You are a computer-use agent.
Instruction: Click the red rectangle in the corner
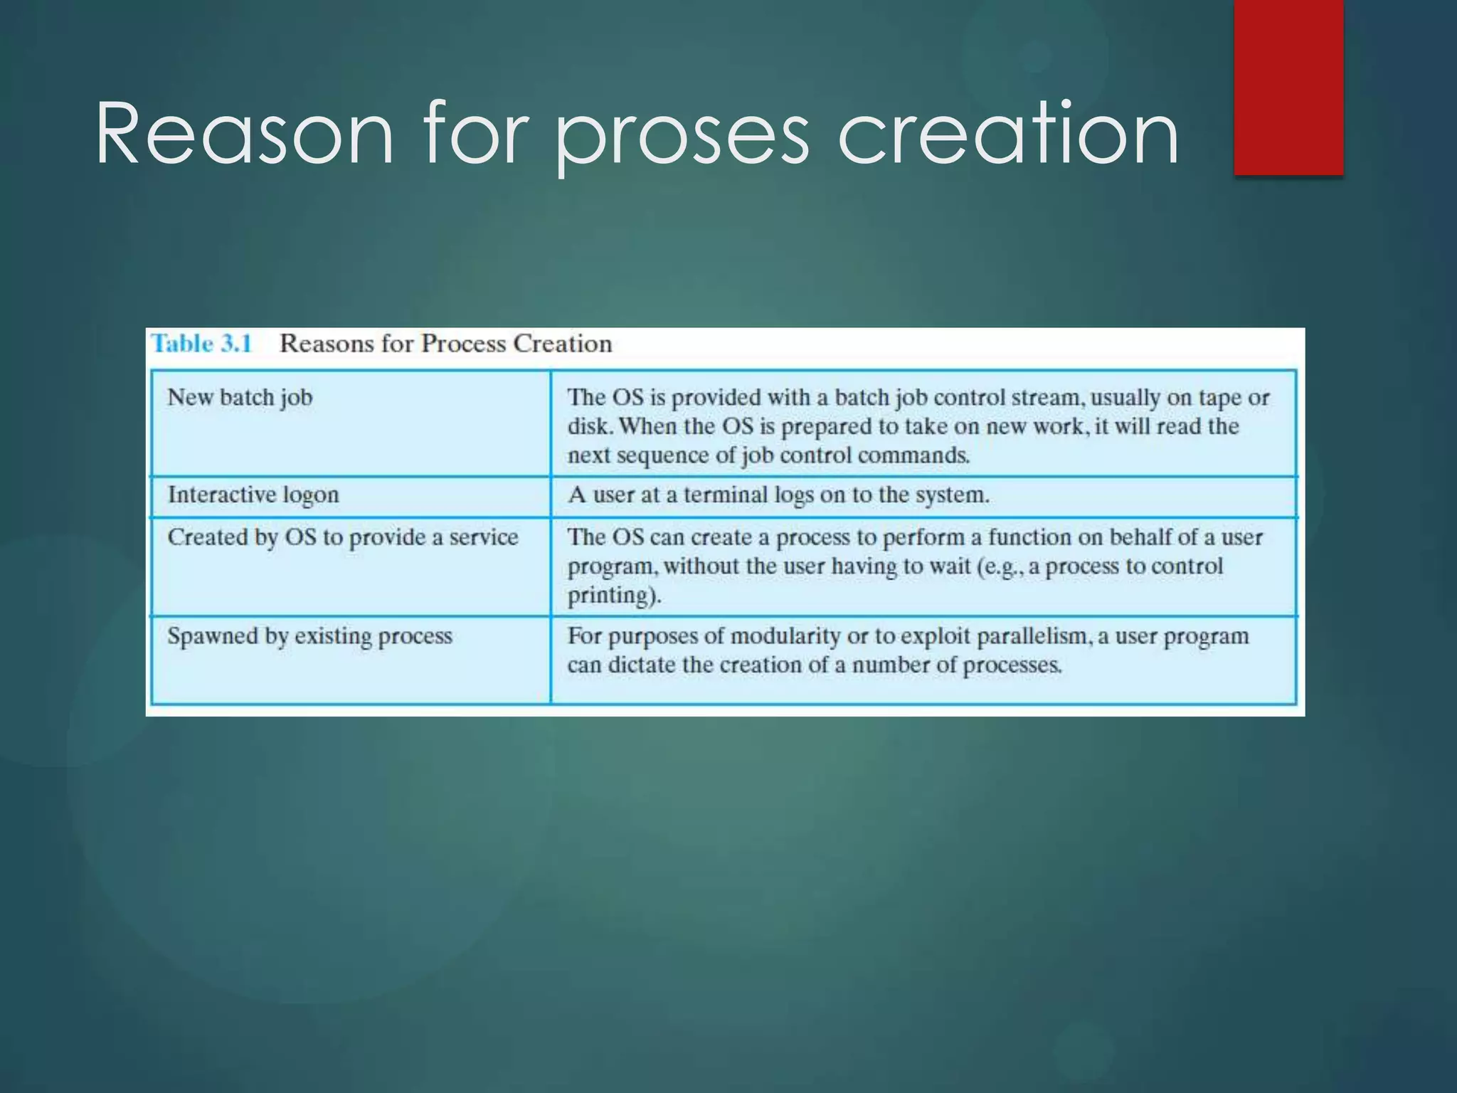[x=1288, y=87]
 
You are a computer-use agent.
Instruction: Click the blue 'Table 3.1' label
[x=202, y=344]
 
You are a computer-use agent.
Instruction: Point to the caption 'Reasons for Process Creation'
[x=445, y=344]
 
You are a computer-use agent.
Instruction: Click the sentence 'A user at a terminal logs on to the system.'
[x=778, y=495]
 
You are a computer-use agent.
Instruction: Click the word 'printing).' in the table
[x=614, y=596]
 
